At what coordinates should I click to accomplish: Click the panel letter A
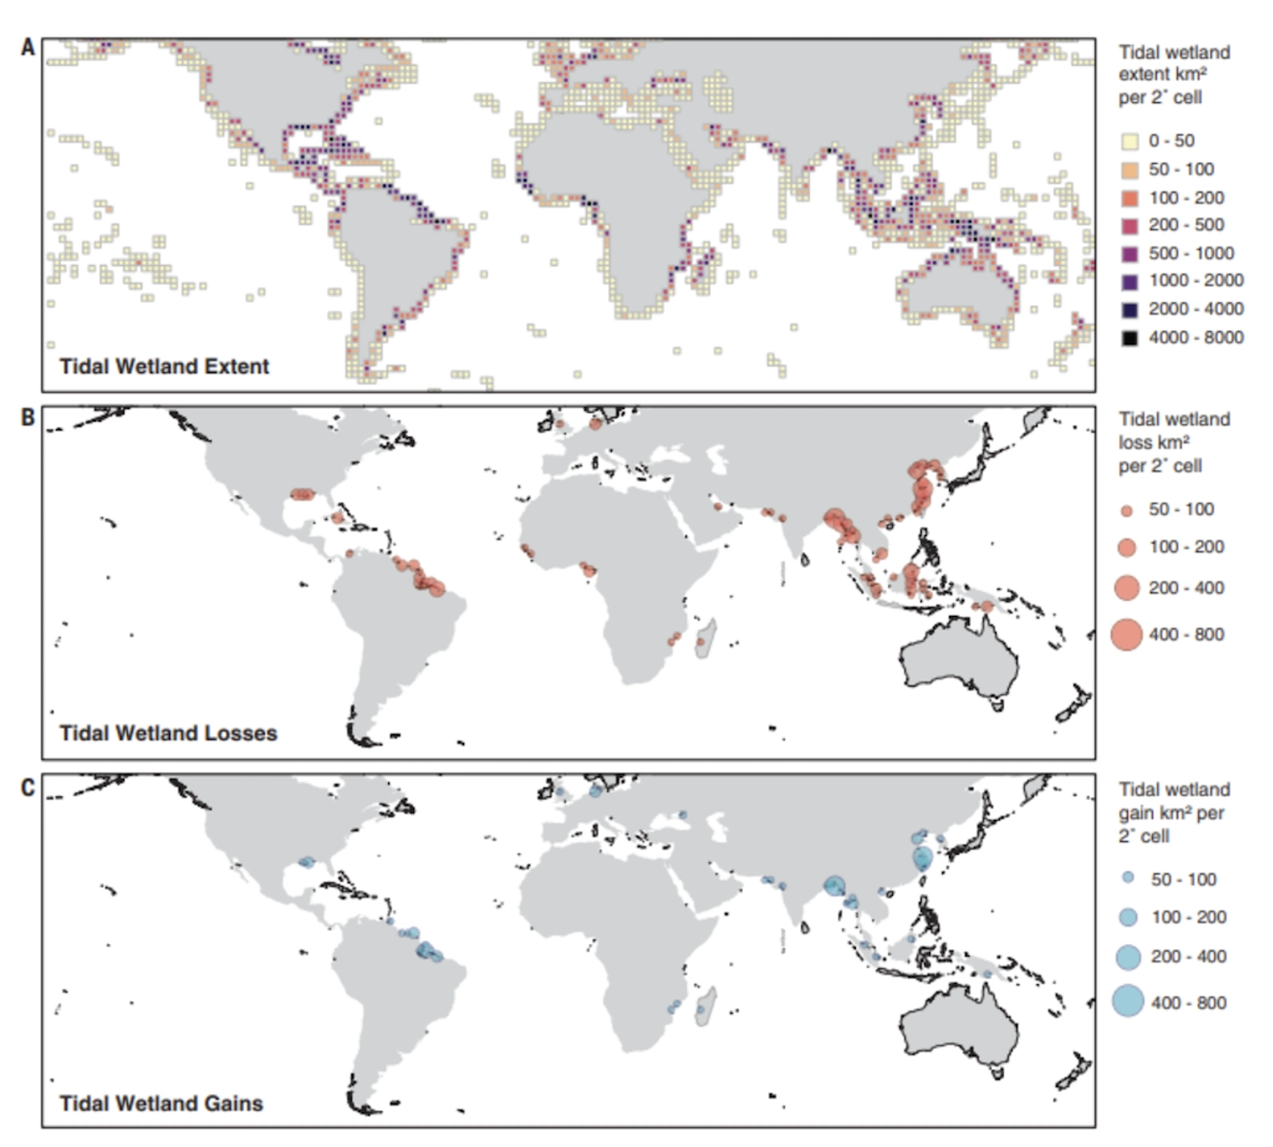pos(28,48)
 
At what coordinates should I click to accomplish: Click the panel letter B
pos(28,417)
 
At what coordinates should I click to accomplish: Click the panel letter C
pos(28,787)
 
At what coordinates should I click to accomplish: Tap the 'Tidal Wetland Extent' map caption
pos(164,366)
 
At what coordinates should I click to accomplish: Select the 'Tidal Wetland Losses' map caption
pos(168,733)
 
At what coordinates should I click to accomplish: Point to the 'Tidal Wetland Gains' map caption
pos(161,1103)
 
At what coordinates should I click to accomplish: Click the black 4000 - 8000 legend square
pos(1129,337)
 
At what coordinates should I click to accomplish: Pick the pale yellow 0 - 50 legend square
pos(1129,142)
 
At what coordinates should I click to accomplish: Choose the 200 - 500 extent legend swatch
pos(1129,225)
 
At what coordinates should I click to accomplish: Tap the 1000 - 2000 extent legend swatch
pos(1129,281)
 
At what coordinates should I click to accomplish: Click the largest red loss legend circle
pos(1127,634)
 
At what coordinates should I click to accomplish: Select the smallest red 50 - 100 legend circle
pos(1127,511)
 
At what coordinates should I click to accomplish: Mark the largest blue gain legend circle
pos(1128,1001)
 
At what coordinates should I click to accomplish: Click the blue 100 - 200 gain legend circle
pos(1128,917)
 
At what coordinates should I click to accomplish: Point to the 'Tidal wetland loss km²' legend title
pos(1174,442)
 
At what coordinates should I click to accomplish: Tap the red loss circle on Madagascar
pos(701,642)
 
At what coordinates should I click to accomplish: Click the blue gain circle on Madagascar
pos(700,1009)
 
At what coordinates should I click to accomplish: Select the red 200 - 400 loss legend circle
pos(1127,588)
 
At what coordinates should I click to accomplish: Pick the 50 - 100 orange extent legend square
pos(1129,170)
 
